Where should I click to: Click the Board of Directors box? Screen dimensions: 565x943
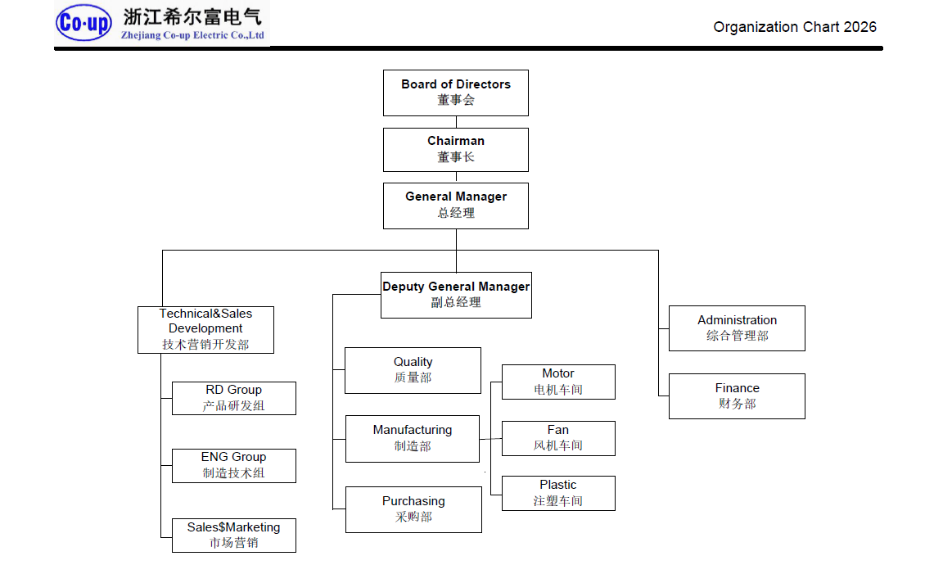pos(456,93)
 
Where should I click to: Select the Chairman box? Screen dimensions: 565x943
pos(456,149)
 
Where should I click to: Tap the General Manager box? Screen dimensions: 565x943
pos(456,206)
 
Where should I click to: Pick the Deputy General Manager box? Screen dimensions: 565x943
pos(456,295)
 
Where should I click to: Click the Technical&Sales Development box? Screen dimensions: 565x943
pos(205,329)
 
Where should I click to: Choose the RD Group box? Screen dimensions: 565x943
pos(234,398)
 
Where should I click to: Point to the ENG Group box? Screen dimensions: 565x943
pos(234,465)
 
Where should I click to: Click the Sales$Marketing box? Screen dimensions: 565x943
pos(234,535)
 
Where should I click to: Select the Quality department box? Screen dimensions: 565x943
pos(413,370)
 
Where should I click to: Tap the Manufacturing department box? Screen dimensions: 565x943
pos(413,438)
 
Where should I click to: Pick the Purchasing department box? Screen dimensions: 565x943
pos(413,509)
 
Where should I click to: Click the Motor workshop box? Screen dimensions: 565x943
pos(558,382)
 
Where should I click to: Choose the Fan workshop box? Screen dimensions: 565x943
pos(558,438)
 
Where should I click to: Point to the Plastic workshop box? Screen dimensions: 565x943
pos(558,493)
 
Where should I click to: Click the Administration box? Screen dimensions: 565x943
pos(737,328)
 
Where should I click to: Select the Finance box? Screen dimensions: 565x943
pos(737,395)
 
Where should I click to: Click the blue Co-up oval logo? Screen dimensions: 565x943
pos(84,24)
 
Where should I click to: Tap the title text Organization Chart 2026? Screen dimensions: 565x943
pos(794,27)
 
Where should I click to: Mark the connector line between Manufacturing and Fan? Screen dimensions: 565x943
pos(490,439)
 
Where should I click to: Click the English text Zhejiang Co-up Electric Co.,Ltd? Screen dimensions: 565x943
pos(192,36)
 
